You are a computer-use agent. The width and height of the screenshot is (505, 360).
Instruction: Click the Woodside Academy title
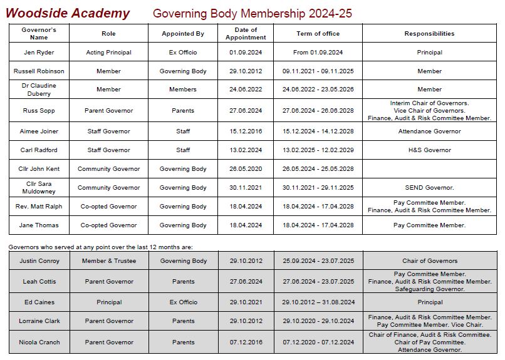point(68,13)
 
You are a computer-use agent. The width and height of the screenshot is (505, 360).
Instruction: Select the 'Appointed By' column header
point(183,33)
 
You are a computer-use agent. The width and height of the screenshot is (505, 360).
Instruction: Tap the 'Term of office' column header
point(318,33)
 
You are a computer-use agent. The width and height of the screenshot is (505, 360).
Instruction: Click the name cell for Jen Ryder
point(39,53)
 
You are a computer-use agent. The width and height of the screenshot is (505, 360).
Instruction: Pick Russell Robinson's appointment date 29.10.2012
point(245,71)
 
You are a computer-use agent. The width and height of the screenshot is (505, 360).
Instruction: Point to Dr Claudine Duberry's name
point(39,90)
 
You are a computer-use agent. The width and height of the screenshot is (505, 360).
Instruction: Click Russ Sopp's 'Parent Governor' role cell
point(108,111)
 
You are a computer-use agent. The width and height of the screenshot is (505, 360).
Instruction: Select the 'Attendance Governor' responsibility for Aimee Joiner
point(429,131)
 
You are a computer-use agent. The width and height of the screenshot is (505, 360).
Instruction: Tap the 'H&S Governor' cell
point(429,150)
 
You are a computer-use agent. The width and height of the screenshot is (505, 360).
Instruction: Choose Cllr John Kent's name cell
point(39,169)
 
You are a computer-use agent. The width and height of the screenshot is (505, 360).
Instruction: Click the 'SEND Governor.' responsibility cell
point(429,188)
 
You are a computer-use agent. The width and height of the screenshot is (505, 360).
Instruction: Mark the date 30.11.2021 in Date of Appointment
point(245,188)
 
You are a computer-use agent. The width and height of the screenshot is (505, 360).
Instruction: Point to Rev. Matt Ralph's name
point(39,207)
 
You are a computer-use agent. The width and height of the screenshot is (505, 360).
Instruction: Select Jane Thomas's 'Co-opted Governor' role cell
point(108,225)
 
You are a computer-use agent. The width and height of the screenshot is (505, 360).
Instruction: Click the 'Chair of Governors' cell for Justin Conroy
point(430,261)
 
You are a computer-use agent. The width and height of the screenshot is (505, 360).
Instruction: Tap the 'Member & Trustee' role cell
point(108,261)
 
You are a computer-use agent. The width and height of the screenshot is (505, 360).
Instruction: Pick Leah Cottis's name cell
point(39,282)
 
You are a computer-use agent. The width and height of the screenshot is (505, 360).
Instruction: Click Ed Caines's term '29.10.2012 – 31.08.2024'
point(318,302)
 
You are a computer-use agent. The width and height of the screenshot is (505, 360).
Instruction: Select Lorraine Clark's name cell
point(39,321)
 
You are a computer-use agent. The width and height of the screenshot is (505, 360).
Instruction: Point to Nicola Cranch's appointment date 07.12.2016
point(245,342)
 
